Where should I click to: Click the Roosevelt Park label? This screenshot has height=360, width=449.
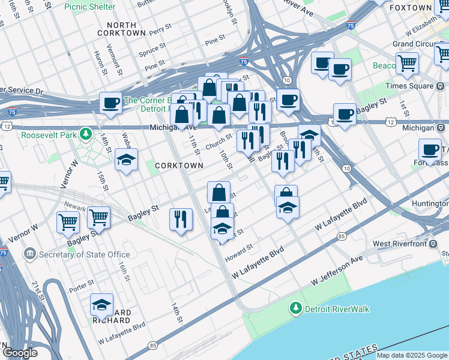(49, 135)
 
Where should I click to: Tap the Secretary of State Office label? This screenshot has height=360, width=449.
(85, 254)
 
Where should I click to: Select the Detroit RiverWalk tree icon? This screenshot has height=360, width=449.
(295, 309)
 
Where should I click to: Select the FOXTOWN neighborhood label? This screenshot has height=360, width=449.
(411, 8)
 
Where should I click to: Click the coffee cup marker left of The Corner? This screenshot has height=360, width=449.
(110, 103)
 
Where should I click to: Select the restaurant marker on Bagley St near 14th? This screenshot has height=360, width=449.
(181, 219)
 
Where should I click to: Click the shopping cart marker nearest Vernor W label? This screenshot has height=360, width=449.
(68, 222)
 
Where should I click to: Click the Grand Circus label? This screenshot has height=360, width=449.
(411, 44)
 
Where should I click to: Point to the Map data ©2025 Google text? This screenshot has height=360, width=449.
(412, 355)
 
